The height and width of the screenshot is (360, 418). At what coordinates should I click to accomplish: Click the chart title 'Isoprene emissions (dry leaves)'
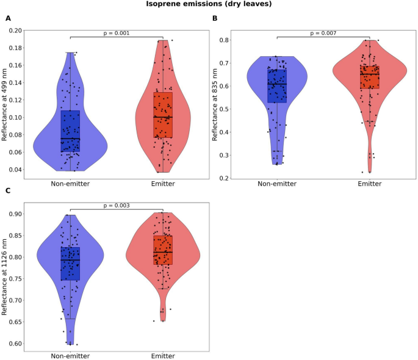pyautogui.click(x=208, y=4)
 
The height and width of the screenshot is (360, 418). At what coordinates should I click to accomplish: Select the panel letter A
pyautogui.click(x=8, y=18)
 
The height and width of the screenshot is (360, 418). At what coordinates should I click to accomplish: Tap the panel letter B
pyautogui.click(x=215, y=18)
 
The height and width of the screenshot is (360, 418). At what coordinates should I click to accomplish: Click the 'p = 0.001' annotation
pyautogui.click(x=116, y=33)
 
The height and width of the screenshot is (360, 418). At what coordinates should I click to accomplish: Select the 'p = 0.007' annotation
pyautogui.click(x=323, y=33)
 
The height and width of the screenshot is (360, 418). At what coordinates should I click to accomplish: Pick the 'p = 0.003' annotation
pyautogui.click(x=116, y=205)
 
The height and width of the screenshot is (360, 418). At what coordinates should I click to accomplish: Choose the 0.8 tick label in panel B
pyautogui.click(x=225, y=40)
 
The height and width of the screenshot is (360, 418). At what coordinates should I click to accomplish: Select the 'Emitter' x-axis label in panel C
pyautogui.click(x=162, y=355)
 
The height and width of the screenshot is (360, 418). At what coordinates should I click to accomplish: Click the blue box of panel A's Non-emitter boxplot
pyautogui.click(x=70, y=131)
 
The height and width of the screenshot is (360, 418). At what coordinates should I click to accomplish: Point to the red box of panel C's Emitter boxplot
pyautogui.click(x=162, y=250)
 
